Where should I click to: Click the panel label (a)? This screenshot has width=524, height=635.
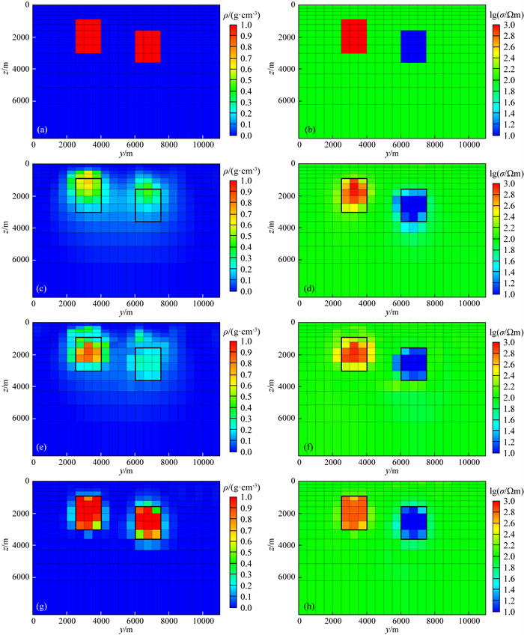pyautogui.click(x=43, y=130)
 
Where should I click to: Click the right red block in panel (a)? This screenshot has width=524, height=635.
pyautogui.click(x=147, y=46)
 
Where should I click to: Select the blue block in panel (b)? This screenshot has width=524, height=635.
pyautogui.click(x=413, y=46)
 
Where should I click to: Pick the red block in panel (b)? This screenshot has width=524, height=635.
pyautogui.click(x=354, y=37)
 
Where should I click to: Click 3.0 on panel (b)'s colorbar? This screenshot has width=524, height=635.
pyautogui.click(x=511, y=25)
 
